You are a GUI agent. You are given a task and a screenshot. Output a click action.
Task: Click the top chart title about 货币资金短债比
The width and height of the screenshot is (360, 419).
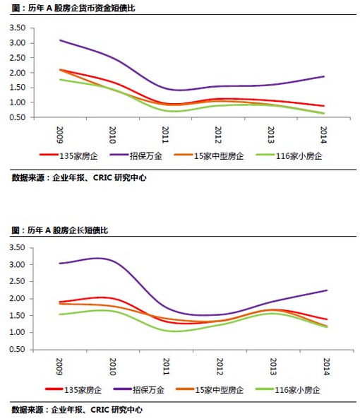tap(73, 8)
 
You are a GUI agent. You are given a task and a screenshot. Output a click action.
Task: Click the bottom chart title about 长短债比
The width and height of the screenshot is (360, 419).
tap(60, 230)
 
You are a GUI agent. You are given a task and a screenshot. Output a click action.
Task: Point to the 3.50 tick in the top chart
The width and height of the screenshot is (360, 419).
tap(18, 28)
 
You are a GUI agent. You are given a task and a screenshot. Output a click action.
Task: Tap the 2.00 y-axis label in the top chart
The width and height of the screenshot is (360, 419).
tap(18, 73)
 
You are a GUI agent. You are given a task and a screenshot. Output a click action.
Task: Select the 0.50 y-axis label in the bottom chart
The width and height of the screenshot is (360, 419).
tap(18, 349)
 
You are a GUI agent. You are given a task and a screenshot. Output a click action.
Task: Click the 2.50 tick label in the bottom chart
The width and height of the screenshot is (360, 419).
tap(18, 281)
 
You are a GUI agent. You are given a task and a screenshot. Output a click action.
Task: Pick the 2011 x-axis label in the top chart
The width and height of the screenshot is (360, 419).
tap(165, 135)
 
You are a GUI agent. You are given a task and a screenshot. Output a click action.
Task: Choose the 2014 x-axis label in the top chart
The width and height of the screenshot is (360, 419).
tap(323, 135)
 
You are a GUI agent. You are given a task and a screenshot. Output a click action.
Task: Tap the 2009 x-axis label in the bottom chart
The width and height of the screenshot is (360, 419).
tap(59, 367)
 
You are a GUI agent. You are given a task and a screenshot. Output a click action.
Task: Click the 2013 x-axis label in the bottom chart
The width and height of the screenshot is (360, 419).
tap(273, 367)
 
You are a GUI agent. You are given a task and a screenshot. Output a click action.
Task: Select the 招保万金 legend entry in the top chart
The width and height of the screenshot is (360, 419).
tap(136, 155)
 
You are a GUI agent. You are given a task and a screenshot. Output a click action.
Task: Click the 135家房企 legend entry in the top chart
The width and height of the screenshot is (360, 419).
tap(68, 155)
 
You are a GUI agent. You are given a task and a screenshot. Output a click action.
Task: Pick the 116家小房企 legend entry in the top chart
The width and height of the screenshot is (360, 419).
tap(289, 155)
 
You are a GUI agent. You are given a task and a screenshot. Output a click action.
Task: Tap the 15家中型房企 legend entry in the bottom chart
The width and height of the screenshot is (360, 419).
tap(210, 390)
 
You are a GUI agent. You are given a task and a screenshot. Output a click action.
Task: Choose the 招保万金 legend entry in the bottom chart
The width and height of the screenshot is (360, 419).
tap(139, 390)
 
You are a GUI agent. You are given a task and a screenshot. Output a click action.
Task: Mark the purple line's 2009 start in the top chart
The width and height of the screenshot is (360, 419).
tap(60, 40)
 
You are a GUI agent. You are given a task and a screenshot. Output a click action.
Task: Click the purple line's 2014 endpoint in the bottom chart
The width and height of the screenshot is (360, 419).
tap(327, 290)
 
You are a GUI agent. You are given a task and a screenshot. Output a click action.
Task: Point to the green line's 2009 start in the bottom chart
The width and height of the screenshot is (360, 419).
tap(60, 314)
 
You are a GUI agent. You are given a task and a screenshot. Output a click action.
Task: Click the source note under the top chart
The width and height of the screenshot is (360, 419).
tap(79, 177)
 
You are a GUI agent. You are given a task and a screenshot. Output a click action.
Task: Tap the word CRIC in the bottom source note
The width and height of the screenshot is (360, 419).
tap(100, 410)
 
